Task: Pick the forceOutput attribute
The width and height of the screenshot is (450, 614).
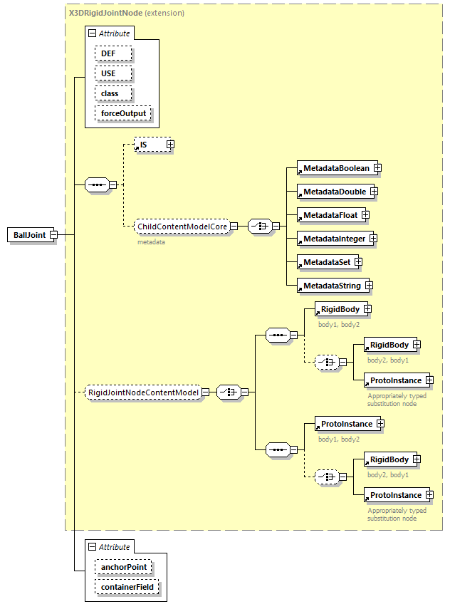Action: click(x=123, y=113)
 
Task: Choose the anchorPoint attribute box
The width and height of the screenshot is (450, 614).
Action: click(x=123, y=568)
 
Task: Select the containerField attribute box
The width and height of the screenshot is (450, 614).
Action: click(x=127, y=588)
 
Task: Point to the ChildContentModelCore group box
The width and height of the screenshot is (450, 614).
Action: click(x=182, y=226)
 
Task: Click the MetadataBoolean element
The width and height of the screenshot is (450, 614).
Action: click(x=335, y=168)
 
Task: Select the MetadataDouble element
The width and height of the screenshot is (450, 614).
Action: click(x=333, y=192)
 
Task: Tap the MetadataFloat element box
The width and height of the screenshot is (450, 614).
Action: click(x=329, y=214)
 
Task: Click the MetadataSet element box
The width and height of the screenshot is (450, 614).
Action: click(x=326, y=262)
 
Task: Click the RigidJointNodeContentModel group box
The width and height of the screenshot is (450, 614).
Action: click(x=142, y=391)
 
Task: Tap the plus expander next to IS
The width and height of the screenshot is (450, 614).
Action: click(x=170, y=145)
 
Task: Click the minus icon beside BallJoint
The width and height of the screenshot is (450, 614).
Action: click(x=53, y=235)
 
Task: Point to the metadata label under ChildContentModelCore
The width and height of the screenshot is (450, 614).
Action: click(x=151, y=242)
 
